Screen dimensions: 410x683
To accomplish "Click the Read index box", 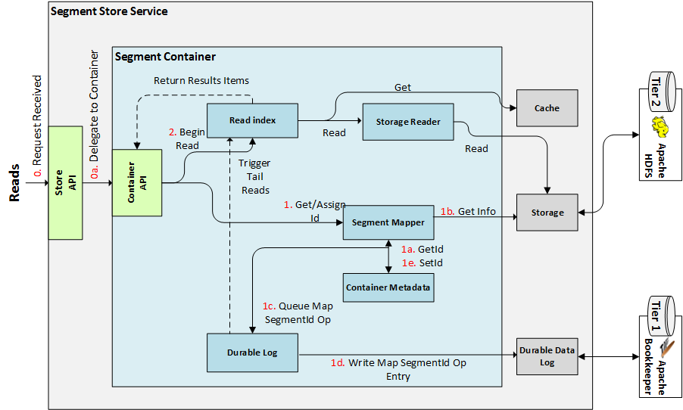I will coord(252,120).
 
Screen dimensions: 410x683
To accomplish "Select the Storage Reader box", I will coord(409,122).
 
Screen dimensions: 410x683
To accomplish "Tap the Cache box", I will coord(547,108).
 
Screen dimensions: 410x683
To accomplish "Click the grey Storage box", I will coord(547,213).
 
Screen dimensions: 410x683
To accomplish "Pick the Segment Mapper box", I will coord(388,222).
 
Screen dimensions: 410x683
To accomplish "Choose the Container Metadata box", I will coord(388,287).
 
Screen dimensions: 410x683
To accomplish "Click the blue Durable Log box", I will coord(252,353).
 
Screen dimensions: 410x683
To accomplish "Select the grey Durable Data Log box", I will coord(547,356).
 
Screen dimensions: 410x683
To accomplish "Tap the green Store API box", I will coord(65,184).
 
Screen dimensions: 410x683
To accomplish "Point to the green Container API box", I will coord(137,182).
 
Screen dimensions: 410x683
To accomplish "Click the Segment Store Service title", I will coord(109,11).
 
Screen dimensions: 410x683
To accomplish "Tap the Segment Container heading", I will coord(165,57).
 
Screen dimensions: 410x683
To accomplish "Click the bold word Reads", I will coord(14,185).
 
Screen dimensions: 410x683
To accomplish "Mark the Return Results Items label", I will coord(201,80).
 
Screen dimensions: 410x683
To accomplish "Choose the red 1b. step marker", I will coord(448,211).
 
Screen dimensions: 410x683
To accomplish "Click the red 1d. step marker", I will coord(337,363).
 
